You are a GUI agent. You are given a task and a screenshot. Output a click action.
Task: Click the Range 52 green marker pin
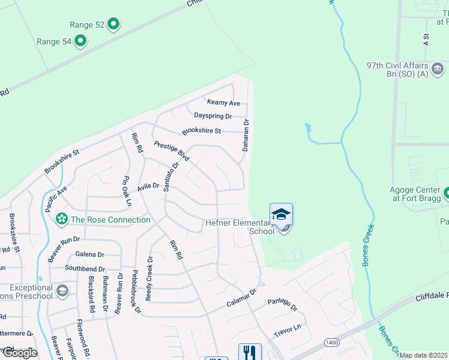[x=113, y=25]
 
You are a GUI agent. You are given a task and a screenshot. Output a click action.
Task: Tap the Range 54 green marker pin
[x=79, y=41]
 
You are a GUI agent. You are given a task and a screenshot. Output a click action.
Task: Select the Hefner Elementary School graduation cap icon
[x=281, y=214]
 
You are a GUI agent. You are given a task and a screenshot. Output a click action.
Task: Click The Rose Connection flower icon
[x=61, y=220]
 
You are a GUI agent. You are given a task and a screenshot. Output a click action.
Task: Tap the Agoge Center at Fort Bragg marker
[x=446, y=194]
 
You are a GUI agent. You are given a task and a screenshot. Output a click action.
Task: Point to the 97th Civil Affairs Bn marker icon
[x=439, y=66]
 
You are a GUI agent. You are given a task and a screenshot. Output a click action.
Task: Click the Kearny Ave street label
[x=223, y=103]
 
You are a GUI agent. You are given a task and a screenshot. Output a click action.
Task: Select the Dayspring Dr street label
[x=212, y=116]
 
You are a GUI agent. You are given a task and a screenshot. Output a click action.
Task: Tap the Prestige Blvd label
[x=172, y=151]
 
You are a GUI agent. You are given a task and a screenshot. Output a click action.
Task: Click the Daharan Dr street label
[x=246, y=134]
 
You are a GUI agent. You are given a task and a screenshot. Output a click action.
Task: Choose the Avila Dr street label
[x=148, y=187]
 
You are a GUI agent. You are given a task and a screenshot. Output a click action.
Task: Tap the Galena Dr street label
[x=89, y=254]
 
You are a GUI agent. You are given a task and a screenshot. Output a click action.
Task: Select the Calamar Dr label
[x=241, y=297]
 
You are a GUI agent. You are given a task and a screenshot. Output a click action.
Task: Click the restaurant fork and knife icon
[x=250, y=352]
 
